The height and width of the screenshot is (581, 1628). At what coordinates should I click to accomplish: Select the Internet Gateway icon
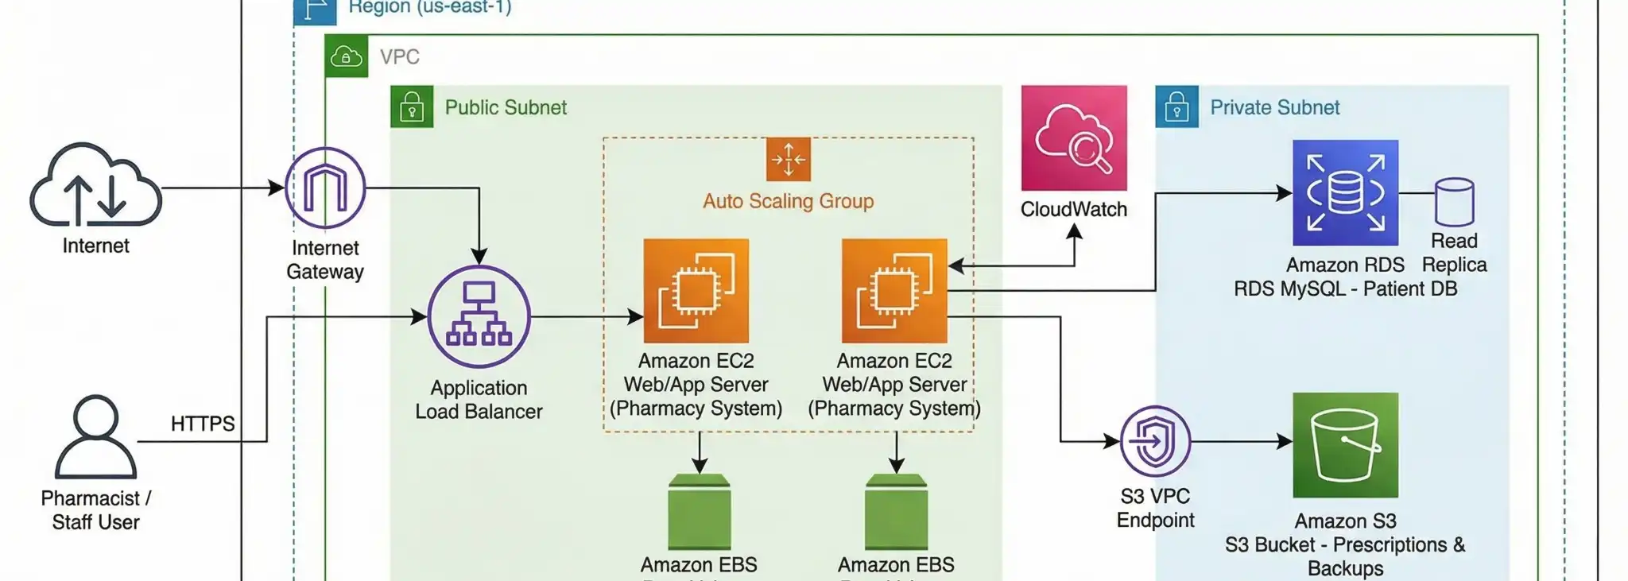point(325,188)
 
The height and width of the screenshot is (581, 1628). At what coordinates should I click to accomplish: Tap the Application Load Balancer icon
point(479,316)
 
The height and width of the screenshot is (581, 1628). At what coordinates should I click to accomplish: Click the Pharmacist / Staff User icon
point(95,436)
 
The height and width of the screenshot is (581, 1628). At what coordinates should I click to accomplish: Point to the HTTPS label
point(203,424)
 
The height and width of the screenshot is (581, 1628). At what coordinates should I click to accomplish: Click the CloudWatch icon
point(1074,138)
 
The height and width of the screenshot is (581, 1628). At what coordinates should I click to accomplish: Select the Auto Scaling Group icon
point(788,159)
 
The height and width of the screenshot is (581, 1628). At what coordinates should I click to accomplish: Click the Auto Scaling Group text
point(788,201)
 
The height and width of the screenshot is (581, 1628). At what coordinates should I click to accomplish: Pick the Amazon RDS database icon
point(1345,192)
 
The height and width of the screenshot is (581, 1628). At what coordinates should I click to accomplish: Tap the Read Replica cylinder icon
point(1454,202)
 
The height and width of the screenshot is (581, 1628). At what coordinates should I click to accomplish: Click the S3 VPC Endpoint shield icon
point(1155,441)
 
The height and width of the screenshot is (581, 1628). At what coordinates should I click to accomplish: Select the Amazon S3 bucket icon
point(1345,444)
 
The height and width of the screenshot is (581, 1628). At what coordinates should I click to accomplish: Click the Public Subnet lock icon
point(412,107)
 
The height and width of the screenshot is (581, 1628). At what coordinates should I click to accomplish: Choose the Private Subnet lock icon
point(1176,107)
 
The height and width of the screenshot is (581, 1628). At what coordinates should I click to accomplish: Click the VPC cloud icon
point(347,56)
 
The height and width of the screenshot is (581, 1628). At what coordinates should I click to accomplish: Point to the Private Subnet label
point(1274,107)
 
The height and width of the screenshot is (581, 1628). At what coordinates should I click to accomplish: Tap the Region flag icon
point(315,10)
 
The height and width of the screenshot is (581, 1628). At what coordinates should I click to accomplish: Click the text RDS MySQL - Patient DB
point(1345,289)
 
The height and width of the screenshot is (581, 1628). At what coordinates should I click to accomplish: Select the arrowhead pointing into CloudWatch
point(1074,231)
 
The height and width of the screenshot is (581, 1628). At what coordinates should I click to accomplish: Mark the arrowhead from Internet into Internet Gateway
point(277,188)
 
